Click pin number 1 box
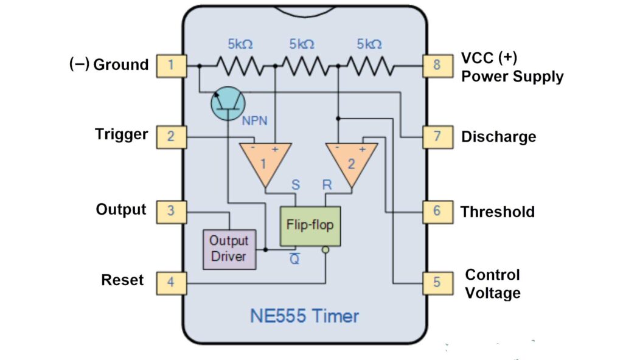click(171, 65)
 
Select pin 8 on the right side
click(437, 65)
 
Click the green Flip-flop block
click(310, 226)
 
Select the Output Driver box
click(229, 248)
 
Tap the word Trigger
click(122, 134)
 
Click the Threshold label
click(498, 212)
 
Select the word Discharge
click(499, 137)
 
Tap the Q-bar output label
click(294, 258)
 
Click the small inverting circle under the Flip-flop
click(326, 250)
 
